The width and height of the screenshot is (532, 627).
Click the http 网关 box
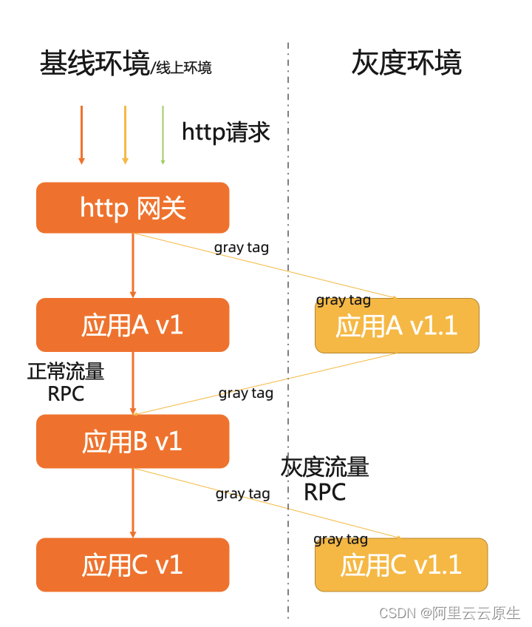coord(133,208)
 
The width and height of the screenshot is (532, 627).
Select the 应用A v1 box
coord(133,325)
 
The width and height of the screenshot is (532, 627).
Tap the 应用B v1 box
coord(133,441)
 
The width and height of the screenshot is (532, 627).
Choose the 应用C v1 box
coord(133,565)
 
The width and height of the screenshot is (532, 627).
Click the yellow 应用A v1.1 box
coord(397,326)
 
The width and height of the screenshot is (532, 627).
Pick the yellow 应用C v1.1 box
coord(401,565)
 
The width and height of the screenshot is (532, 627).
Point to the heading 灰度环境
coord(406,63)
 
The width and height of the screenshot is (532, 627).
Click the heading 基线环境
coord(95,64)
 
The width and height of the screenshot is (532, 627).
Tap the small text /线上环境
coord(181,68)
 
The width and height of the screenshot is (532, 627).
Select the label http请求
coord(226,132)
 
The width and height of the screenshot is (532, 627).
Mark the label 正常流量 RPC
coord(66,382)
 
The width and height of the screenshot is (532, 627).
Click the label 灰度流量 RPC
coord(325,479)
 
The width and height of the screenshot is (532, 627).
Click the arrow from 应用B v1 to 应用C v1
coord(133,503)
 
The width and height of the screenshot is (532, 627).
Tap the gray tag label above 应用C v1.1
coord(341,539)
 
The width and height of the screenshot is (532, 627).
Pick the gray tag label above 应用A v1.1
coord(344,299)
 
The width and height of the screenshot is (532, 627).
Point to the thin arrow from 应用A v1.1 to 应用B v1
coord(266,383)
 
